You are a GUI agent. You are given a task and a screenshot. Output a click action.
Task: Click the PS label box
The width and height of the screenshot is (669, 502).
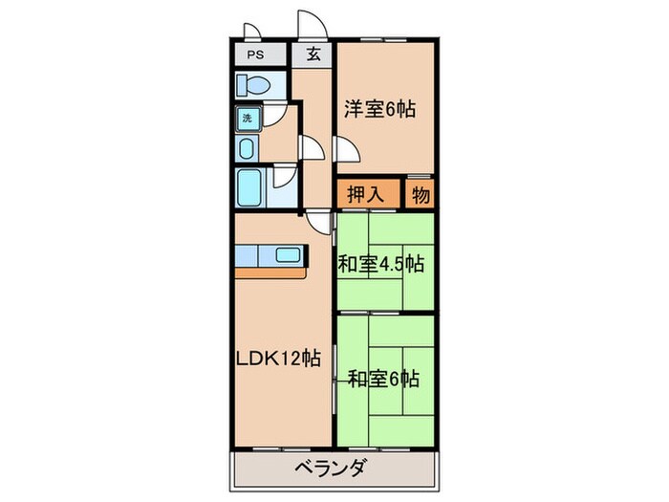point(257,54)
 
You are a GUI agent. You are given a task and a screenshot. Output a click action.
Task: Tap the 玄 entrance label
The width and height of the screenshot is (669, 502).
point(313,54)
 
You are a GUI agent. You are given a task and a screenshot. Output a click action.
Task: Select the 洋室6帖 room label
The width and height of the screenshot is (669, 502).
point(380,109)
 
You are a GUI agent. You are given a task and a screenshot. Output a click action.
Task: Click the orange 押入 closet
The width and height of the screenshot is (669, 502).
point(366,194)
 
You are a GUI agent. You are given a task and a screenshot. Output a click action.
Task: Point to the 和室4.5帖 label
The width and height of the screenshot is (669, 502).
point(380,264)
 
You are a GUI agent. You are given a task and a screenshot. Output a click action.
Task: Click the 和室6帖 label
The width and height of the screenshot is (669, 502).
point(382,379)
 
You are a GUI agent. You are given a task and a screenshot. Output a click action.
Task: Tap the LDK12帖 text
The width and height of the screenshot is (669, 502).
point(278,359)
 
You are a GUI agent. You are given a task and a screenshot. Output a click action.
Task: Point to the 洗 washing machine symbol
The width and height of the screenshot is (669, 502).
point(246,119)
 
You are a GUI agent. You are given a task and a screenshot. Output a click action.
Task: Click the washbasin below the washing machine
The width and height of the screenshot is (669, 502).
point(246,148)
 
